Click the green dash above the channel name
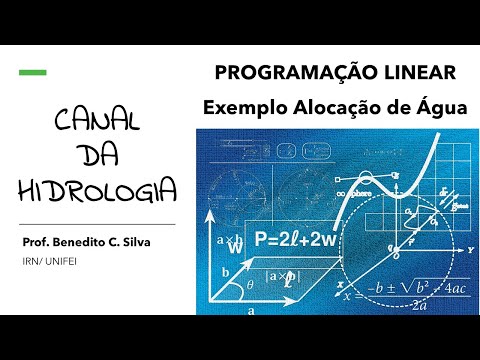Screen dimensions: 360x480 pyautogui.click(x=33, y=73)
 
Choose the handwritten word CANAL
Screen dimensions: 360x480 pyautogui.click(x=98, y=124)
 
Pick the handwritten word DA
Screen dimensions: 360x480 pyautogui.click(x=97, y=157)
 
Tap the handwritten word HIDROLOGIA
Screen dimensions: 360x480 pyautogui.click(x=98, y=190)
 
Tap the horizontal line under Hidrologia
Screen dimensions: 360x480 pyautogui.click(x=98, y=224)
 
